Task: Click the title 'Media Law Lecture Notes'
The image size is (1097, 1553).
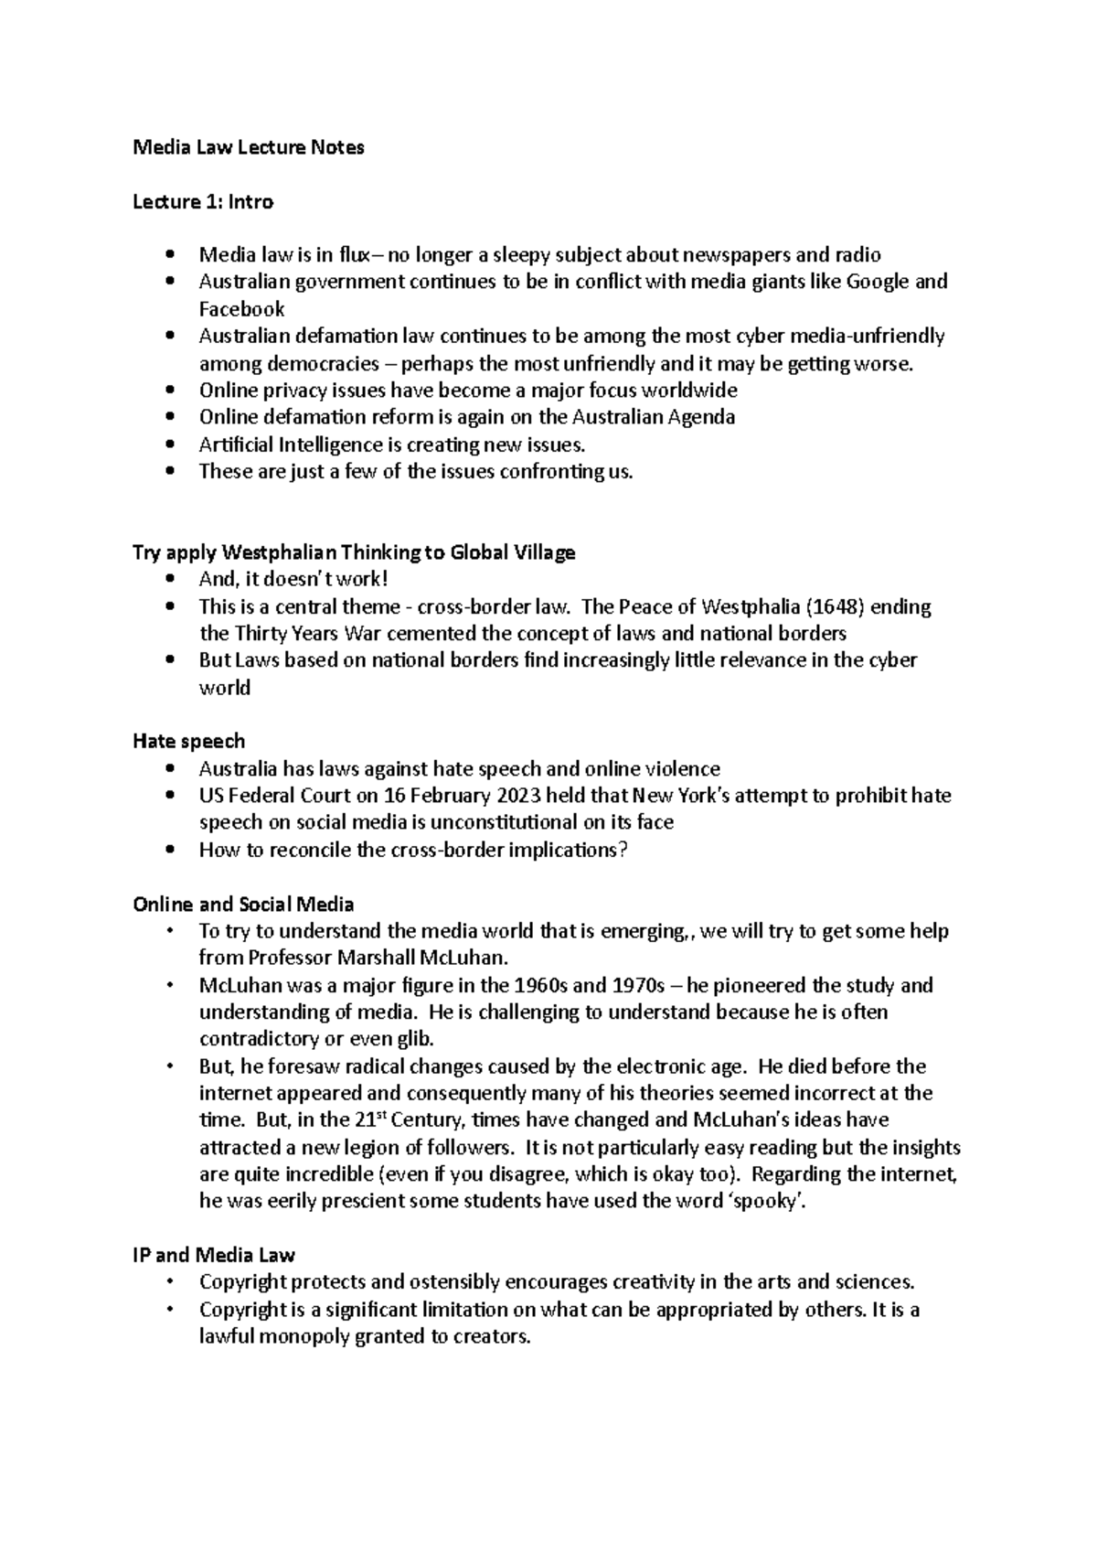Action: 248,147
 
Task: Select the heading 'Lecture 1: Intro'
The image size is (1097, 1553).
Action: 203,201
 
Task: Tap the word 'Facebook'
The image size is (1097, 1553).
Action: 241,309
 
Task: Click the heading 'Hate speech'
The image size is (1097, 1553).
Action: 188,741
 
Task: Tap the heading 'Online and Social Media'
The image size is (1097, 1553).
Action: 243,905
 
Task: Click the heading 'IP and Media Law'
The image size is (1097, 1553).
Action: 213,1255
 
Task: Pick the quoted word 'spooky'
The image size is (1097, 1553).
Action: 771,1202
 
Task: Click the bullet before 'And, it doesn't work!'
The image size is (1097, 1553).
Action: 170,580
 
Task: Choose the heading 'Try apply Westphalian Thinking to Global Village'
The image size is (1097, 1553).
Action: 354,552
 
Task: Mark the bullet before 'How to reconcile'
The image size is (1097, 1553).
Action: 170,851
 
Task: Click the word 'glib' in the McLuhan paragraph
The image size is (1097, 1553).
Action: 413,1040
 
